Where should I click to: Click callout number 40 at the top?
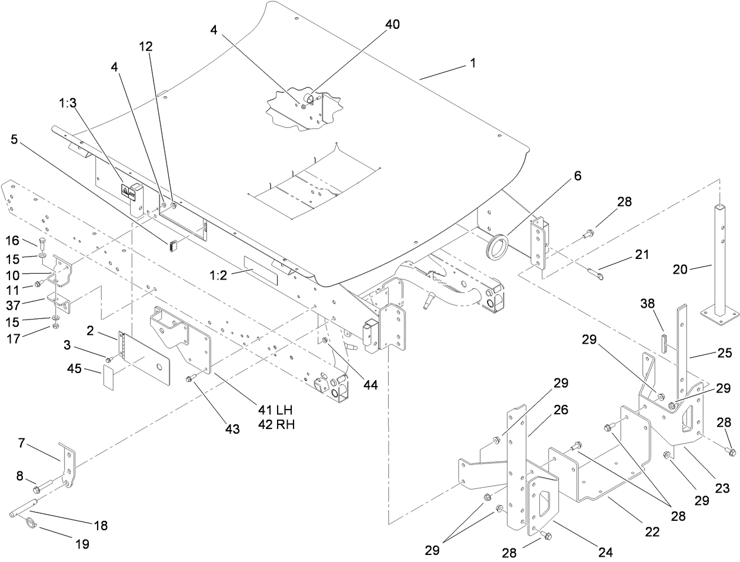tap(392, 25)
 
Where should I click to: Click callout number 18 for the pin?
tap(101, 526)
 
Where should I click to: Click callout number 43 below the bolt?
tap(233, 429)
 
